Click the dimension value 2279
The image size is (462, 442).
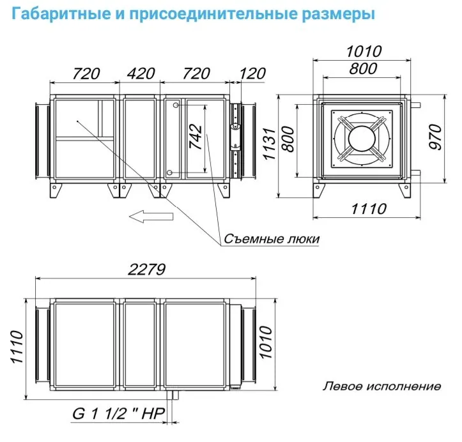(x=146, y=269)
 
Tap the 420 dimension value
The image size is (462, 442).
(x=141, y=73)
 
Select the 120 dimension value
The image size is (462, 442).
(x=253, y=73)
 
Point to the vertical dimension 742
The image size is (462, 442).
(x=196, y=137)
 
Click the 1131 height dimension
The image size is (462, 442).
(x=269, y=144)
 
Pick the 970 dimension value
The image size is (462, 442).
(x=436, y=137)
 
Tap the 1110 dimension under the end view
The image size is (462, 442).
(x=369, y=209)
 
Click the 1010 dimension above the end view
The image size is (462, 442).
(x=364, y=51)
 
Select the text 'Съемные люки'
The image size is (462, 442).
(x=272, y=238)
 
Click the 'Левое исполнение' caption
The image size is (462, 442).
(x=382, y=386)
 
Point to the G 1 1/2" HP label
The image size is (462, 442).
(x=118, y=413)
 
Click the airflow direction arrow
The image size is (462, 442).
(x=151, y=217)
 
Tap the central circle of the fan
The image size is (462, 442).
(x=362, y=138)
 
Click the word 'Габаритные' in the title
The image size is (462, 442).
(x=61, y=14)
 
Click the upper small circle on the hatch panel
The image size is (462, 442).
(x=176, y=105)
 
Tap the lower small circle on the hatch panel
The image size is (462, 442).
(x=169, y=172)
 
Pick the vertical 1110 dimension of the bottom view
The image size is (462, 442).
(x=17, y=347)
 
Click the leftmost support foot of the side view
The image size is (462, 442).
(x=56, y=191)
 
